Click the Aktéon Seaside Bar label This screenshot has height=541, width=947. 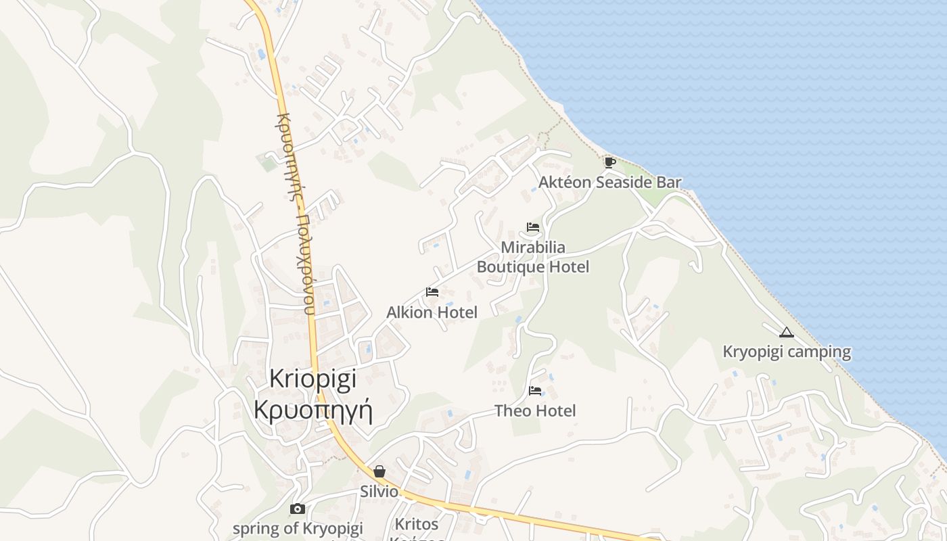pos(609,182)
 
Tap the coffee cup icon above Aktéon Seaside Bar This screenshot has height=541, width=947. pos(609,162)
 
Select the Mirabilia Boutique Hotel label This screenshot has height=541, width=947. pos(533,257)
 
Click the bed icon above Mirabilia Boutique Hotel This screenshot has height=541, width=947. pos(533,227)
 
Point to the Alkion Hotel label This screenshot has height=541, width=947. pos(432,312)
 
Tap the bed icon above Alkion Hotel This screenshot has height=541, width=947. pos(432,292)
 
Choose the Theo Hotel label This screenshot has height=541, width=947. pos(535,410)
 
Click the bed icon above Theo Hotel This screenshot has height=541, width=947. pos(535,390)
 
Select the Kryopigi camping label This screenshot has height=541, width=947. pos(787,352)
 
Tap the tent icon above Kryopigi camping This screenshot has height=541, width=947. pos(785,332)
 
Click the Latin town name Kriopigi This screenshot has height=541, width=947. pos(313,379)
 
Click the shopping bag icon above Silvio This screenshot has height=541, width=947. pos(379,471)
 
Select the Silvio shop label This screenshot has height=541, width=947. pos(379,492)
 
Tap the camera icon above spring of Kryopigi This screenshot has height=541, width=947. pos(297,509)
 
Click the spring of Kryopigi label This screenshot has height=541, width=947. pos(298,528)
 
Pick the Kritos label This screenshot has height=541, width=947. pos(417,524)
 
